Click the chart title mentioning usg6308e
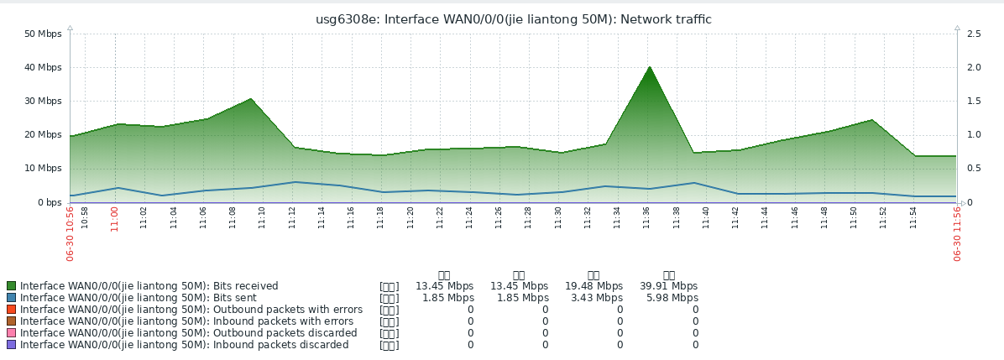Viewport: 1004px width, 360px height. (x=513, y=19)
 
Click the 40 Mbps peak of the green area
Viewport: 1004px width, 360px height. (x=649, y=68)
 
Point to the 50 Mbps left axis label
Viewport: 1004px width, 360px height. (x=43, y=34)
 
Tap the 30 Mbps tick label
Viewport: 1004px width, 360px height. (x=43, y=101)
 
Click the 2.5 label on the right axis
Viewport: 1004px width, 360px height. (x=975, y=34)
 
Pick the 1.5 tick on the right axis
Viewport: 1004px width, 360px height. (x=975, y=101)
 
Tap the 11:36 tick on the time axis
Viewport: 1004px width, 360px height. (x=646, y=217)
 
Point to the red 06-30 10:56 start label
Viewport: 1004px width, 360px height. (x=71, y=236)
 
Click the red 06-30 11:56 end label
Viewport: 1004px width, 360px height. (x=957, y=236)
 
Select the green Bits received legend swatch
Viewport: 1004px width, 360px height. (x=11, y=286)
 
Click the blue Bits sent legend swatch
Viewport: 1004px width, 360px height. (x=11, y=298)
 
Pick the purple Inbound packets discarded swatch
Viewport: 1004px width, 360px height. (x=11, y=345)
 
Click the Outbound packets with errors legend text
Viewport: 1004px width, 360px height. (x=191, y=310)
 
